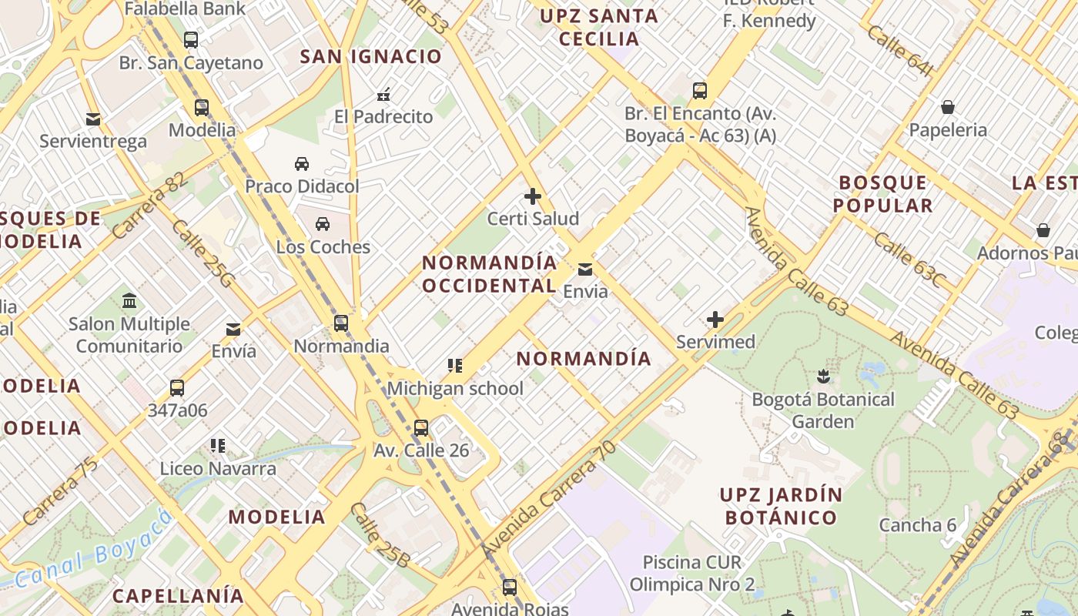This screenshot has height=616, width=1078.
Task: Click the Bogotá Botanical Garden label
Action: pos(823,410)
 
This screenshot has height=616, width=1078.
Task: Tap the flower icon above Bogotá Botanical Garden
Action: pos(823,377)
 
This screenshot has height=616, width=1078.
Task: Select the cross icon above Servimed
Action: pos(715,319)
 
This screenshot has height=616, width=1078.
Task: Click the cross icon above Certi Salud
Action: pos(533,196)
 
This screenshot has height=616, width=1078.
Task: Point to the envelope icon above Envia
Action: pos(585,269)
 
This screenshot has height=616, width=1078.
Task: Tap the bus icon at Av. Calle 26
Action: pos(421,428)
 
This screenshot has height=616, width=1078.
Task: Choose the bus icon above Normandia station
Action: pos(341,323)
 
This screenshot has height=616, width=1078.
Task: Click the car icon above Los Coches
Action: pos(323,224)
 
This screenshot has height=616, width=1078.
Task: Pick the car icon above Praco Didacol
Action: pos(302,164)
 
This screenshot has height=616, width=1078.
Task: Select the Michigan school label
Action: pos(454,388)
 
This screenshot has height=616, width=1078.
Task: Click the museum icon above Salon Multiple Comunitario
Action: pos(129,300)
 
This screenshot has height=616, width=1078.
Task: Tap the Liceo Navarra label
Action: pos(218,468)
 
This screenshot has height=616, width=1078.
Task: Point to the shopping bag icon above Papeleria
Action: pos(948,107)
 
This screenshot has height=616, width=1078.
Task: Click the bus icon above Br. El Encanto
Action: pos(699,91)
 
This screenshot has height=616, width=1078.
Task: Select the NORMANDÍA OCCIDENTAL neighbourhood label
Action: pos(490,274)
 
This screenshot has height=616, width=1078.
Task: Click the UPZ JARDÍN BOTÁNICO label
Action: pos(781,505)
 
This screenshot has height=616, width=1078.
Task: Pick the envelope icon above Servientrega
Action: pos(93,119)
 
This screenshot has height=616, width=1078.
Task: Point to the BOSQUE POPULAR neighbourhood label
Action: pos(883,194)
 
